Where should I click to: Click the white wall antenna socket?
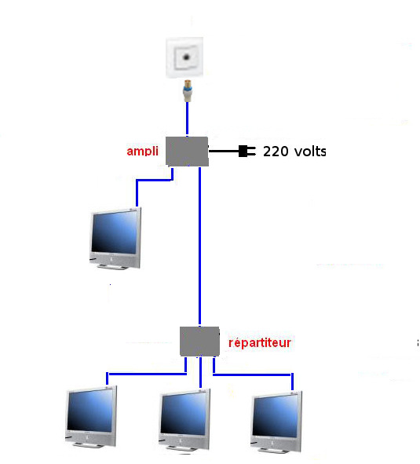184,57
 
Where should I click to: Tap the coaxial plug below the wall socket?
188,90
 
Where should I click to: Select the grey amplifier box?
187,152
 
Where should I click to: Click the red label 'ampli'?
142,152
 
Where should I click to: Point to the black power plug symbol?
247,151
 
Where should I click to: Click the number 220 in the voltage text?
276,152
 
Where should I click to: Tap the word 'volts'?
310,152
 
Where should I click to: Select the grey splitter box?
199,342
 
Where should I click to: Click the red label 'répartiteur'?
260,342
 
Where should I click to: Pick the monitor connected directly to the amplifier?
115,238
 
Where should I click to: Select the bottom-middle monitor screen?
184,414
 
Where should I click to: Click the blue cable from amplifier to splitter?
199,247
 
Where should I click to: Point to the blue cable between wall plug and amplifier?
187,119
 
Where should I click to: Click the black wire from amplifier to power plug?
224,151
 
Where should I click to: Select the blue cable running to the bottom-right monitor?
252,375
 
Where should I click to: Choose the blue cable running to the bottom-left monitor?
147,374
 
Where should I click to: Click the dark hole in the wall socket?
186,57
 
